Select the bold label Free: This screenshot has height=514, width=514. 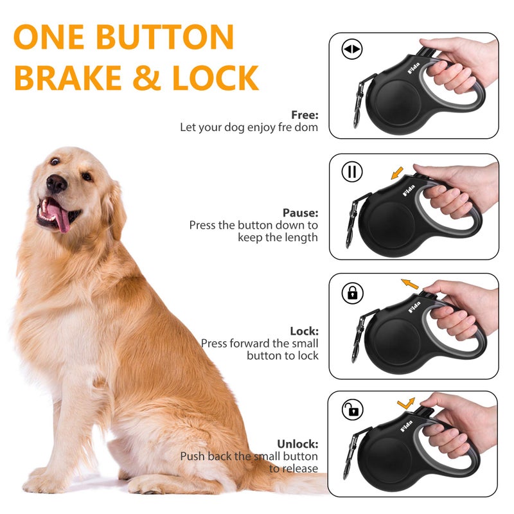pos(305,115)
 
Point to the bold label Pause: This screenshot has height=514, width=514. pos(300,213)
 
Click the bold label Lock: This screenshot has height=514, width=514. pos(304,331)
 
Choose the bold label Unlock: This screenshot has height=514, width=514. pos(297,444)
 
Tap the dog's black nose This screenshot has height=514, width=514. pos(57,184)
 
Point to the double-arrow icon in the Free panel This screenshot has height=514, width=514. pos(352,49)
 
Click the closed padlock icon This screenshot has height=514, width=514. pos(352,293)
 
